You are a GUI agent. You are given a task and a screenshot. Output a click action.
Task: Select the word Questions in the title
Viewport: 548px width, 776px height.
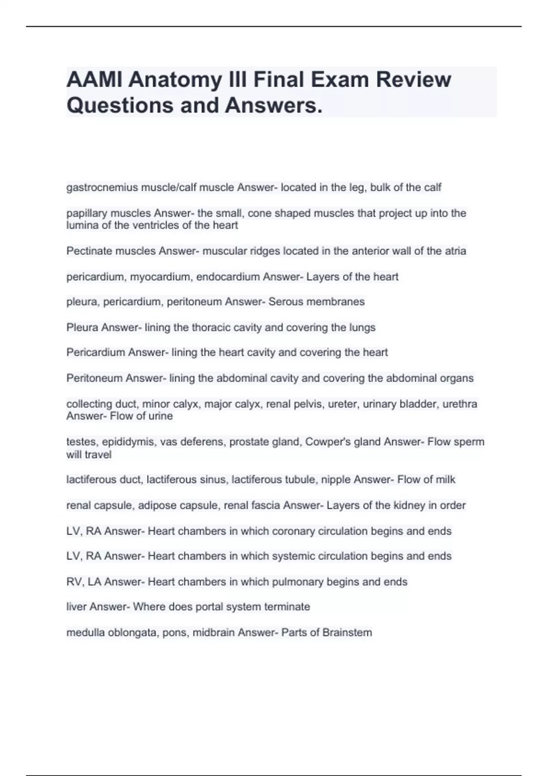[120, 105]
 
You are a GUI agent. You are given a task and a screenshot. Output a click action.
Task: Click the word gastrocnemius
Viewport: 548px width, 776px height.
[102, 188]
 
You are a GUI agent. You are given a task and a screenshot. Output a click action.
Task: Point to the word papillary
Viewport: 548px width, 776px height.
[87, 213]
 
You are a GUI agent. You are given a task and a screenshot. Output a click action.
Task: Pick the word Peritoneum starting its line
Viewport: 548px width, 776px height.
[94, 378]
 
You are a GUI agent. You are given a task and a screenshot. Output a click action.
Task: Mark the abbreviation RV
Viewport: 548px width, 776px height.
[74, 582]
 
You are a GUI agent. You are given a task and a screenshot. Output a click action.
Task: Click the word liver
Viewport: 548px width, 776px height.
[76, 607]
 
